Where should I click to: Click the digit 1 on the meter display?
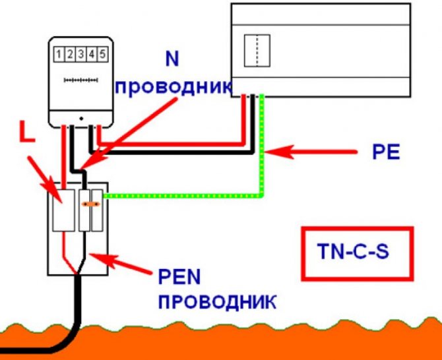pyautogui.click(x=59, y=52)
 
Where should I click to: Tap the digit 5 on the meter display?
pyautogui.click(x=102, y=52)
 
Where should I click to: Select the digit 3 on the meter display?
pyautogui.click(x=80, y=52)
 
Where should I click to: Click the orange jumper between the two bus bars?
pyautogui.click(x=91, y=204)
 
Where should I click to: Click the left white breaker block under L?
pyautogui.click(x=63, y=210)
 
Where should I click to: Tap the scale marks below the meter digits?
pyautogui.click(x=80, y=80)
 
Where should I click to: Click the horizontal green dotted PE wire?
pyautogui.click(x=185, y=195)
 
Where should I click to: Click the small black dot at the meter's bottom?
pyautogui.click(x=80, y=119)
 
